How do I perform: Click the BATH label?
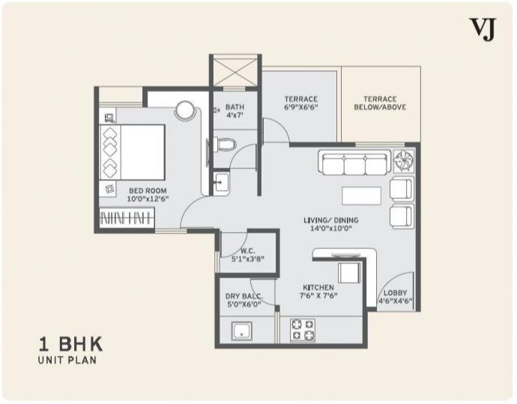click(x=235, y=111)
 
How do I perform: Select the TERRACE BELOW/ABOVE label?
click(x=380, y=102)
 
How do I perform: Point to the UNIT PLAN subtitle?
click(x=67, y=361)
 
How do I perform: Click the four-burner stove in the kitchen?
click(x=303, y=329)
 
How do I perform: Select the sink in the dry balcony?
click(x=242, y=331)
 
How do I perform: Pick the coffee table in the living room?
click(x=361, y=195)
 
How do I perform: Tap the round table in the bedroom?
click(x=185, y=110)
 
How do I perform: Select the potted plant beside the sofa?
click(x=402, y=160)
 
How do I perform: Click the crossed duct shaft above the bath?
click(x=235, y=73)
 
